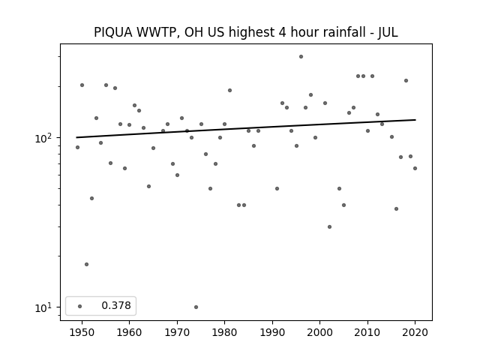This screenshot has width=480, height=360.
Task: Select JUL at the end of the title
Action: pos(388,32)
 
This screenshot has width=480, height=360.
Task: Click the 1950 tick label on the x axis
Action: pos(82,332)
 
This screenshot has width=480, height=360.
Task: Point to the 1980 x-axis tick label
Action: pos(224,332)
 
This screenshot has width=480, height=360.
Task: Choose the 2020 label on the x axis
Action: pos(415,332)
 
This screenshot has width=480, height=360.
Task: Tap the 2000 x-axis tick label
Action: pos(319,332)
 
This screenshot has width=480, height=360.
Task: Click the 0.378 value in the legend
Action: pos(116,305)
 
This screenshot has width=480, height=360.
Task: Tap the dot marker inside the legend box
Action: pos(80,306)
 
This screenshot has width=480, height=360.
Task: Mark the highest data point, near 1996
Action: pos(301,57)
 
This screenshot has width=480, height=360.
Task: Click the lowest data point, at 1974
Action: pos(196,307)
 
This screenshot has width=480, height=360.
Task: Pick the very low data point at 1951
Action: pos(87,264)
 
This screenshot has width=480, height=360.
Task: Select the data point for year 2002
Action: pos(329,226)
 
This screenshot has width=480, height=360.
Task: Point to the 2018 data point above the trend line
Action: pos(406,80)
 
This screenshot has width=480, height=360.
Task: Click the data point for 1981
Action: pos(229,90)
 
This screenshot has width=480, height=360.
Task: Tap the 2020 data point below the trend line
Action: pos(415,168)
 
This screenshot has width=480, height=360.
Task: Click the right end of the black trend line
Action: pos(415,120)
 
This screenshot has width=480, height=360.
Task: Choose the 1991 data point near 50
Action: pos(277,188)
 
